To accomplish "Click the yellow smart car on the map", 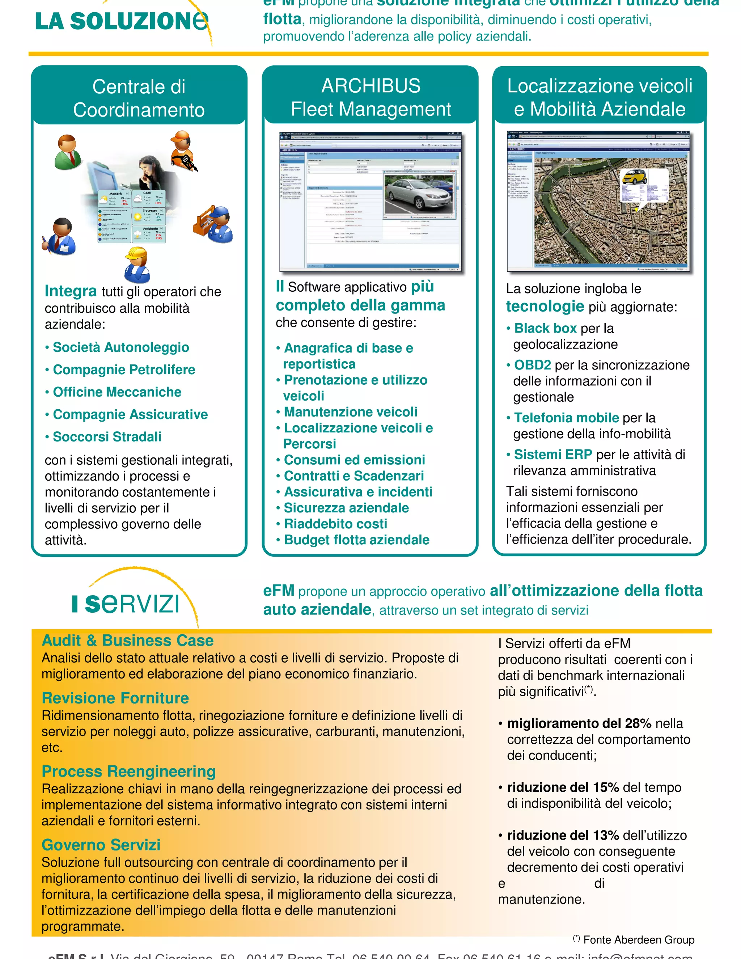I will coord(635,177).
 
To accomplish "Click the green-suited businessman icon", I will coord(67,152).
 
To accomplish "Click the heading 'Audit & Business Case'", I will coord(127,641).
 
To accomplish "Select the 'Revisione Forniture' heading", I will coord(115,698).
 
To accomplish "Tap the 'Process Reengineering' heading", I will coord(128,772).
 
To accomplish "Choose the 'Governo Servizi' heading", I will coord(101,845).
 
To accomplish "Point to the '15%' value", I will coord(606,787).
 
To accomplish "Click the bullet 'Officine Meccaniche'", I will coord(117,392).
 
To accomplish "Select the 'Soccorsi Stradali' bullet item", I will coord(107,437).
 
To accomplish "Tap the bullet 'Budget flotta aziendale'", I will coord(356,540).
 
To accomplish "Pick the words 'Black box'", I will coord(545,329).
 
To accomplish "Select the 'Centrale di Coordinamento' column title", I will coord(139,98).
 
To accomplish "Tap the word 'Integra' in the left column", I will coord(71,291).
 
